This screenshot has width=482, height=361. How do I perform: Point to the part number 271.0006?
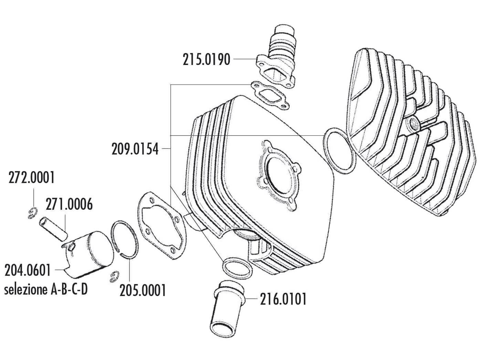[x=69, y=205]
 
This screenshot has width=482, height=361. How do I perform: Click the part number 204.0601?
[x=28, y=271]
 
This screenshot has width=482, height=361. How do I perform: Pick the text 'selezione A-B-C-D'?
[x=45, y=289]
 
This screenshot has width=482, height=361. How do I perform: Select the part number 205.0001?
[x=143, y=291]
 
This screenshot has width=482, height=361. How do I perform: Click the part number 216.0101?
[x=283, y=299]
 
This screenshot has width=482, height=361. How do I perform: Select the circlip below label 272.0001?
[x=31, y=213]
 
